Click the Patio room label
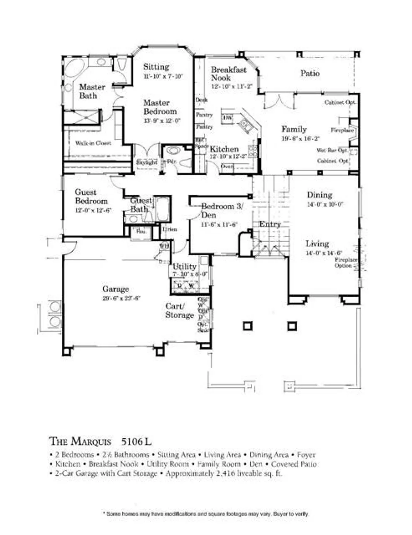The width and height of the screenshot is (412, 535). tap(310, 73)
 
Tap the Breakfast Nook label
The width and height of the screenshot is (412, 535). tap(228, 74)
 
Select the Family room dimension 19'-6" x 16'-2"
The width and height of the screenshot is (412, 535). tap(300, 138)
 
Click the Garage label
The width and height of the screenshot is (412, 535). tap(116, 289)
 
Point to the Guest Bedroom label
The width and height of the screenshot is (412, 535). tap(91, 197)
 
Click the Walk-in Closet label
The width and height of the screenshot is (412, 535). tap(93, 143)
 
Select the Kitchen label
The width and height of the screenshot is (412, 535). tap(224, 149)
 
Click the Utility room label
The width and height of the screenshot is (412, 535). tap(184, 266)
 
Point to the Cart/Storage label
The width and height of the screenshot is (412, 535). tap(179, 311)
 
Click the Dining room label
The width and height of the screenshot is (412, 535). tap(319, 195)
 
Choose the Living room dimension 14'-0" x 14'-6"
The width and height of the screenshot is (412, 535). tap(324, 253)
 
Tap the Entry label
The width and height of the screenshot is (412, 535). tap(270, 224)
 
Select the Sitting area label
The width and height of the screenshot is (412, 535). tap(156, 67)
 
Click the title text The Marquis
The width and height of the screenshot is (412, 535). tap(80, 441)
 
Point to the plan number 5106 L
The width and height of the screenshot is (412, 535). tap(136, 442)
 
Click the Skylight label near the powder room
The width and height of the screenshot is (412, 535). tap(147, 162)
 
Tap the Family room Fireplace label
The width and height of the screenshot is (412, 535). tap(342, 130)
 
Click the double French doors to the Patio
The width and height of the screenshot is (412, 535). tap(281, 101)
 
